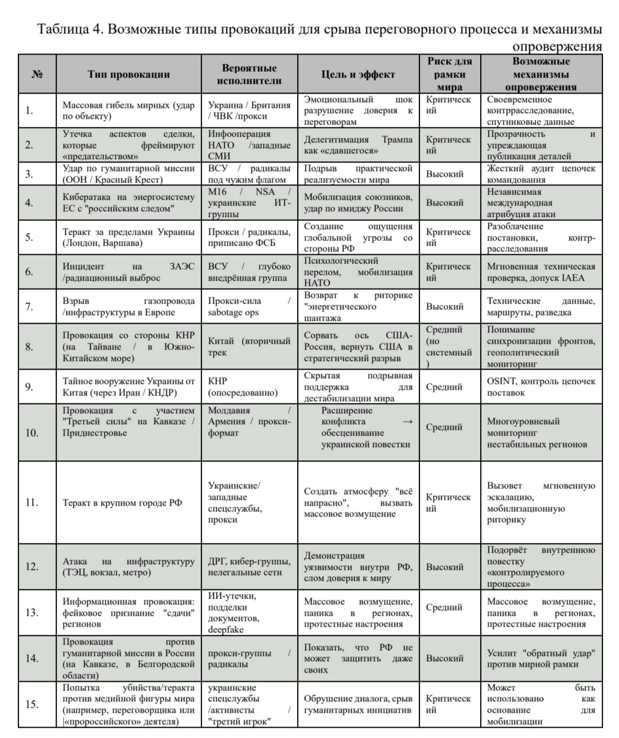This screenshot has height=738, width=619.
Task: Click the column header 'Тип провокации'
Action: [129, 75]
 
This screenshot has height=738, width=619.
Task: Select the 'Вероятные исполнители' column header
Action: [249, 75]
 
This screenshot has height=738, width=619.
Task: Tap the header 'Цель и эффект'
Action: [358, 75]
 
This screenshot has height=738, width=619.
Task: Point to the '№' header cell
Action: [37, 75]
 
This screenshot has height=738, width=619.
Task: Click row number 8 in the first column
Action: [29, 347]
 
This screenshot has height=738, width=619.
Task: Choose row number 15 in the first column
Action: [32, 704]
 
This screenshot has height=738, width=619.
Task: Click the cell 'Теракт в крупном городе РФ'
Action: [122, 503]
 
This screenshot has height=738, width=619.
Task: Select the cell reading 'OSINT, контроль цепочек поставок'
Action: [541, 387]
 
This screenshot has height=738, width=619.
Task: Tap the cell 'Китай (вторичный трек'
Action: [249, 347]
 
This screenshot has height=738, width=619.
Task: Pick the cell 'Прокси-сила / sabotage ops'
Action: [249, 306]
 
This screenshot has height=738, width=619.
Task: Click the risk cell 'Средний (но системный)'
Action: [449, 347]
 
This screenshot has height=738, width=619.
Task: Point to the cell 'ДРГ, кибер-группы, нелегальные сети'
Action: [249, 566]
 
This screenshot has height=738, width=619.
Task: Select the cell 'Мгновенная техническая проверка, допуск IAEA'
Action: [541, 272]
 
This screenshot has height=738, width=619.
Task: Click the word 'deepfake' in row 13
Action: [226, 630]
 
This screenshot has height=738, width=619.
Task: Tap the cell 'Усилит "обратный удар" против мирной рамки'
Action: [541, 658]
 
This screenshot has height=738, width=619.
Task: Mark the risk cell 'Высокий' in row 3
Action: [445, 174]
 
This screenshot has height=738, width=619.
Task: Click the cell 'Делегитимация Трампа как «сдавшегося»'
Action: [358, 145]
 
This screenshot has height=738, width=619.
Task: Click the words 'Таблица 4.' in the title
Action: [68, 30]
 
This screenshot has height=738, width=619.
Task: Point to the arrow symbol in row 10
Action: [407, 422]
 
